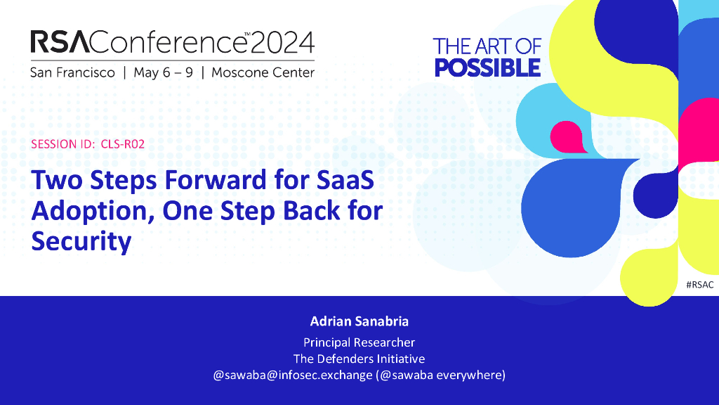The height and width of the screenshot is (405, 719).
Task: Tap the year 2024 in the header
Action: coord(282,42)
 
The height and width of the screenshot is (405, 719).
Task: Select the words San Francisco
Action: coord(72,72)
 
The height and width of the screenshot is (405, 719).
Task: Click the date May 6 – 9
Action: coord(163,72)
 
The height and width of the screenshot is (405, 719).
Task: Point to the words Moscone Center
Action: coord(263,72)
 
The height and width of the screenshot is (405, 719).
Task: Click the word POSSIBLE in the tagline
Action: coord(487,67)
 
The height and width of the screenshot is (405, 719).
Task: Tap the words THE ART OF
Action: coord(487,47)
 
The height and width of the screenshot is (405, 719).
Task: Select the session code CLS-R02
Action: coord(122,144)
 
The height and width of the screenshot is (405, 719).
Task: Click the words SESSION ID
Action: coord(62,144)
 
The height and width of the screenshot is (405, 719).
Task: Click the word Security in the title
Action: coord(81,242)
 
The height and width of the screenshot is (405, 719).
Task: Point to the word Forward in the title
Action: coord(216,179)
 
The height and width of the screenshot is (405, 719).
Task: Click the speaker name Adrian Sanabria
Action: coord(359,321)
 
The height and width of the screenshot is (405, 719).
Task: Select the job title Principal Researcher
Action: coord(359,342)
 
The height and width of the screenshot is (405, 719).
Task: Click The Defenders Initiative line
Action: coord(359,359)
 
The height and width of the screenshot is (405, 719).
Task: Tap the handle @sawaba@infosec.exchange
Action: coord(293,375)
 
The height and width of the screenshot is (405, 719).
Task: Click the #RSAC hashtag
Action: coord(700,285)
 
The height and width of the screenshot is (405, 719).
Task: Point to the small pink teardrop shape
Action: coord(568,137)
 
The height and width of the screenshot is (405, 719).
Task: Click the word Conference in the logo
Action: coord(169,42)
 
